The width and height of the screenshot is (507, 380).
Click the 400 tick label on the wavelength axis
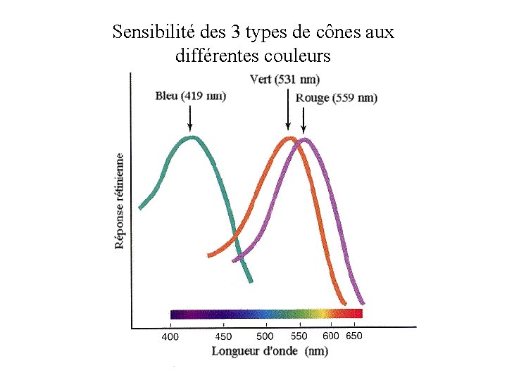point(170,336)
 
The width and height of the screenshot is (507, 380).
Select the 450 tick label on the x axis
point(223,336)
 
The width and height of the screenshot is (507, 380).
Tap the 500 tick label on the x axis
point(265,336)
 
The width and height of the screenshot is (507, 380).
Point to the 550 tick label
point(299,336)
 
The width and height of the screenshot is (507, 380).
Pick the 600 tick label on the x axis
point(331,336)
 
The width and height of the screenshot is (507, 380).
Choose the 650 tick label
point(354,336)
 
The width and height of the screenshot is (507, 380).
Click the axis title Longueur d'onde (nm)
point(270,350)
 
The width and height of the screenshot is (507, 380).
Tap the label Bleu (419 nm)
point(190,96)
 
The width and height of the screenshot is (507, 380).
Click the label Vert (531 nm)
point(284,78)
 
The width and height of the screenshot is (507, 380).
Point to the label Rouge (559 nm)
point(336,98)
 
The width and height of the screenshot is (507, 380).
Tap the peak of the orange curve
point(287,139)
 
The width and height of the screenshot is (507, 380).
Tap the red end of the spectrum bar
point(356,313)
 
